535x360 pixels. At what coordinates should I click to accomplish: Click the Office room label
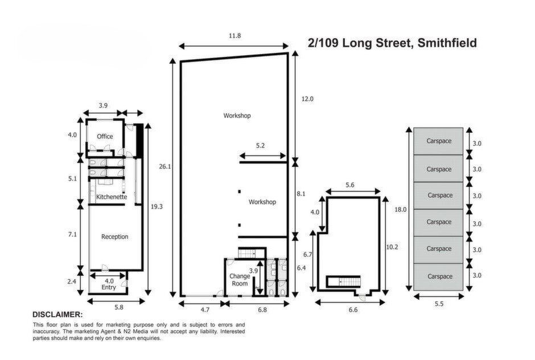tap(105, 137)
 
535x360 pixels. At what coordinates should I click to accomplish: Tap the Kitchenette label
tap(112, 197)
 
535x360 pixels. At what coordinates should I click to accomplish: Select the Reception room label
tap(114, 237)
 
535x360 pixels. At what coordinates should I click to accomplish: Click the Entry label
tap(109, 287)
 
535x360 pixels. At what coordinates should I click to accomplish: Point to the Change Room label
tap(240, 280)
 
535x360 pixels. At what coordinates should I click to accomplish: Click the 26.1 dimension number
tap(165, 167)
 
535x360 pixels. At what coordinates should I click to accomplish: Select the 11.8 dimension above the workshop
tap(234, 35)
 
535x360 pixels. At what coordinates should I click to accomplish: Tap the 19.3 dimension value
tap(157, 207)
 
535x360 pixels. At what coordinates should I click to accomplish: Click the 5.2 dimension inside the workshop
tap(260, 145)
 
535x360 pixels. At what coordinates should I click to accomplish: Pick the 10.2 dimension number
tap(392, 247)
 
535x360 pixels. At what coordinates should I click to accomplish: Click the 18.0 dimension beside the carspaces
tap(401, 210)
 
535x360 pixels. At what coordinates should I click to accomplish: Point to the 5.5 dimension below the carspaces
tap(439, 304)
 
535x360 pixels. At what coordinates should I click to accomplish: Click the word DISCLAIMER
tap(57, 314)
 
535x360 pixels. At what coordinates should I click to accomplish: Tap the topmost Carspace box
tap(438, 141)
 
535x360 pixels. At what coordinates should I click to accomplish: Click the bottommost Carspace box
tap(438, 277)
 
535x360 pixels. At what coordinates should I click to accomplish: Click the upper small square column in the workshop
tap(240, 191)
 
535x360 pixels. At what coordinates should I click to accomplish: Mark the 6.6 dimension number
tap(353, 310)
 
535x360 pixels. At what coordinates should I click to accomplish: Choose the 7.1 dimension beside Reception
tap(72, 234)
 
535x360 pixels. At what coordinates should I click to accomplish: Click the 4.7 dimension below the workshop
tap(205, 310)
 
